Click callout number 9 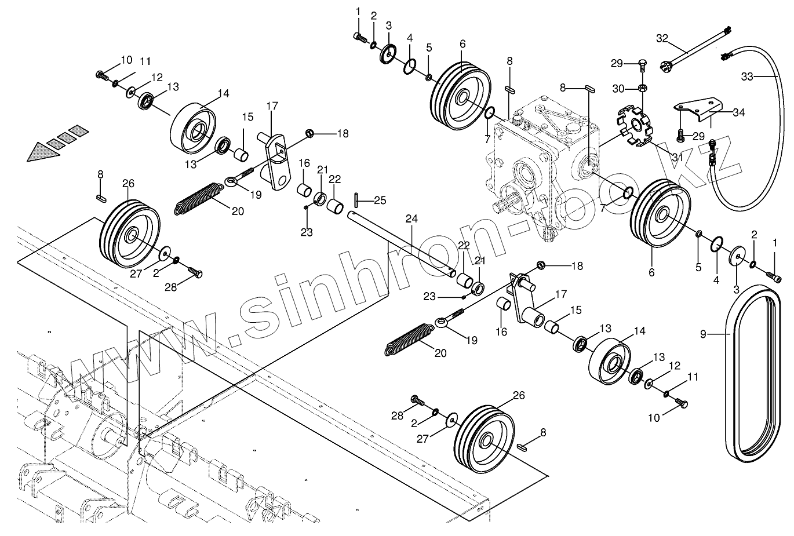click(x=703, y=334)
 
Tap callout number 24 click(x=411, y=219)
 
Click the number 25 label click(x=380, y=200)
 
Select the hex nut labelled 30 click(x=642, y=89)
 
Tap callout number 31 click(x=677, y=157)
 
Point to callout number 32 click(x=662, y=39)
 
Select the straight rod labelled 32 click(x=695, y=46)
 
